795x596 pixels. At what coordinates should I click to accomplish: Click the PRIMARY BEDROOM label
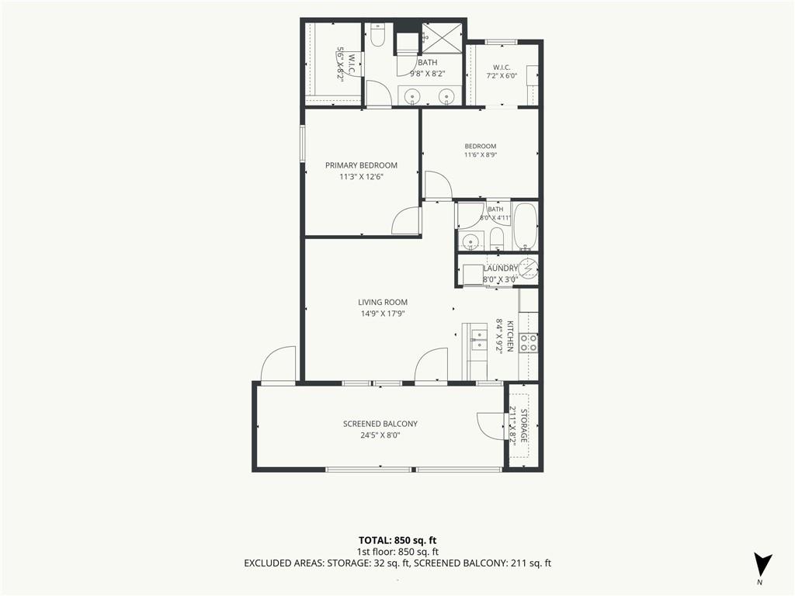click(x=361, y=165)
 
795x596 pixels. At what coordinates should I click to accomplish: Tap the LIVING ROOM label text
click(x=383, y=303)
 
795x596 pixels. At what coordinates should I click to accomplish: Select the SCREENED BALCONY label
click(x=380, y=424)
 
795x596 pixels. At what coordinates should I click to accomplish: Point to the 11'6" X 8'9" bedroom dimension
click(x=480, y=155)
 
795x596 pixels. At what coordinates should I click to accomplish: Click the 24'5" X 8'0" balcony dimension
click(x=380, y=435)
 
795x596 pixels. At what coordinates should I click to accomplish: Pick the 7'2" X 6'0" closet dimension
click(x=502, y=76)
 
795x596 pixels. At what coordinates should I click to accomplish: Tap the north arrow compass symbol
click(x=762, y=564)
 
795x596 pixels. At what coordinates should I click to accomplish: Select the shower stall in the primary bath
click(x=442, y=36)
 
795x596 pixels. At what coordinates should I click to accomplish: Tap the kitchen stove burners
click(x=529, y=343)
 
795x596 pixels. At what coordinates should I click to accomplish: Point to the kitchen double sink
click(x=478, y=340)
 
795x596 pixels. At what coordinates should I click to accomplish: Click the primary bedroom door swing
click(x=407, y=221)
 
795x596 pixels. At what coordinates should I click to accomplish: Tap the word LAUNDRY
click(x=501, y=269)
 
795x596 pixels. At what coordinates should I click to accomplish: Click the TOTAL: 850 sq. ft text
click(x=397, y=540)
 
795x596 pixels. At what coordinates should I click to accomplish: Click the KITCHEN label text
click(x=510, y=336)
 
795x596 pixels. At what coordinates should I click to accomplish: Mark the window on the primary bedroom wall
click(x=303, y=144)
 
